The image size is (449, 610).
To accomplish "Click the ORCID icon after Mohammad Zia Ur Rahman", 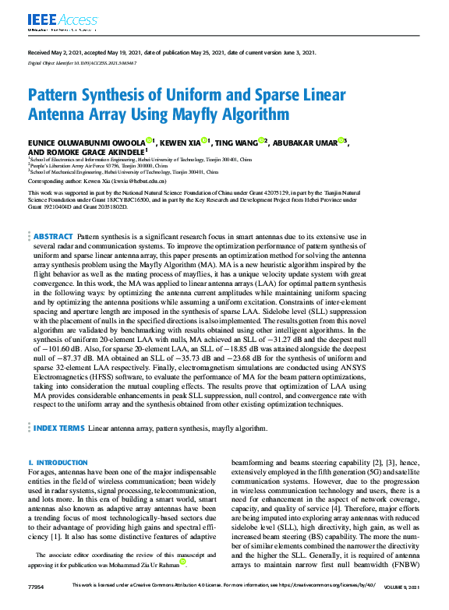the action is point(182,561).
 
